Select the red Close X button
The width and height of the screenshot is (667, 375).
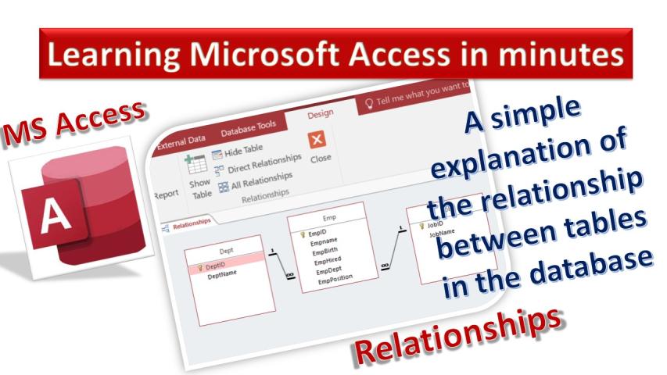tap(317, 140)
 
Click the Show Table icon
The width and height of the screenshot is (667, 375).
tap(195, 165)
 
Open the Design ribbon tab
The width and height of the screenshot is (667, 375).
tap(321, 114)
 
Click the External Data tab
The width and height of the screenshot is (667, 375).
tap(181, 142)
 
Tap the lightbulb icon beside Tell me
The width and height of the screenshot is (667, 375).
tap(369, 103)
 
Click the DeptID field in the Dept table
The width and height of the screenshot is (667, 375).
tap(215, 266)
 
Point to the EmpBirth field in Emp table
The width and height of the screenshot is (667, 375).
tap(325, 252)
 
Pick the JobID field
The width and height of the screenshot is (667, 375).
tap(435, 224)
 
